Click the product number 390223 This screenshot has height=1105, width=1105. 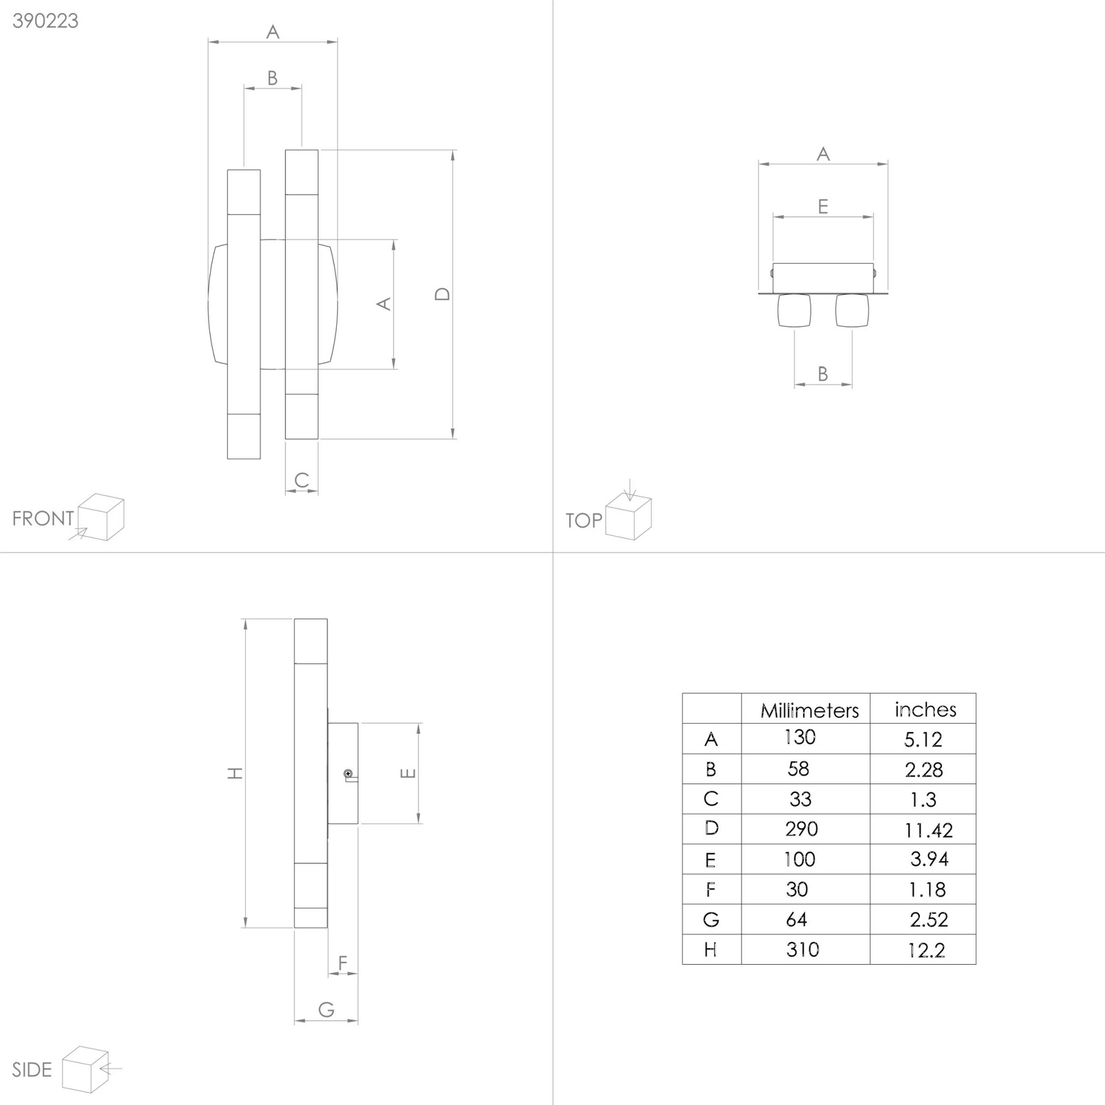[x=46, y=21]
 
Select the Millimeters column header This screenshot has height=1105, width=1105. [x=809, y=711]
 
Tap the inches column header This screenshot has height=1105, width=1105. [x=925, y=710]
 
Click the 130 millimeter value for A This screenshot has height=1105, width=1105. [x=800, y=738]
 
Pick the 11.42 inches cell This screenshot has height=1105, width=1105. [x=928, y=830]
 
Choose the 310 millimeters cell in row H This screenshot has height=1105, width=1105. [x=803, y=950]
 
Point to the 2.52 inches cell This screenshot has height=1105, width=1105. [x=929, y=920]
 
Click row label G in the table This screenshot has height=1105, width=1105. [x=711, y=920]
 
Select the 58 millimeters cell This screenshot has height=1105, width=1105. [x=798, y=769]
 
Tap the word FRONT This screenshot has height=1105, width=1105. [x=43, y=518]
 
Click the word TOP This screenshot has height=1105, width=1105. [x=584, y=520]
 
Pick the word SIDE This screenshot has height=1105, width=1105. [x=32, y=1070]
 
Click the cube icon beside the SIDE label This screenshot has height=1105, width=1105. [x=86, y=1070]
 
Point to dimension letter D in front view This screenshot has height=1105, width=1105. [x=443, y=294]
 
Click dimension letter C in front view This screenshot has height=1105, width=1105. [x=302, y=480]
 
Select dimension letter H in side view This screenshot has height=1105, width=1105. [x=236, y=773]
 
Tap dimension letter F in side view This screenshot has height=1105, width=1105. [x=343, y=962]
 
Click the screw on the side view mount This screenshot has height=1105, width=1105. [x=348, y=773]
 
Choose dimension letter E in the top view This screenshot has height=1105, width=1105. [x=823, y=206]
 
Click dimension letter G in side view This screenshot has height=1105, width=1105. [x=327, y=1010]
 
